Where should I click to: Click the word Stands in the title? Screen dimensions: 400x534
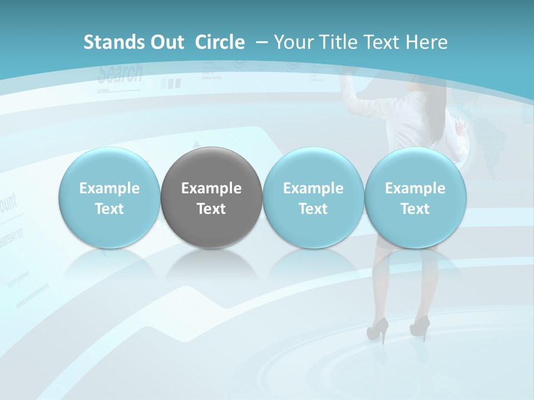click(109, 42)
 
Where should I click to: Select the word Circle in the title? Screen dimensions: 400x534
click(220, 42)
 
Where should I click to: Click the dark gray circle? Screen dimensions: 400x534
click(211, 197)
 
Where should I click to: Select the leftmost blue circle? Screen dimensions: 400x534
click(110, 197)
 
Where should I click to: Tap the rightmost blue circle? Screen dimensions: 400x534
click(415, 197)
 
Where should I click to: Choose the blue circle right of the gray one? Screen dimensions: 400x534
click(313, 197)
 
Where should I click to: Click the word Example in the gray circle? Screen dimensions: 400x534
click(211, 188)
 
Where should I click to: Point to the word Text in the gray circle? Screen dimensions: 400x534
click(211, 209)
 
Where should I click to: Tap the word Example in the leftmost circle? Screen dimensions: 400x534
click(110, 188)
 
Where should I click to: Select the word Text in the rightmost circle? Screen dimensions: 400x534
click(415, 209)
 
